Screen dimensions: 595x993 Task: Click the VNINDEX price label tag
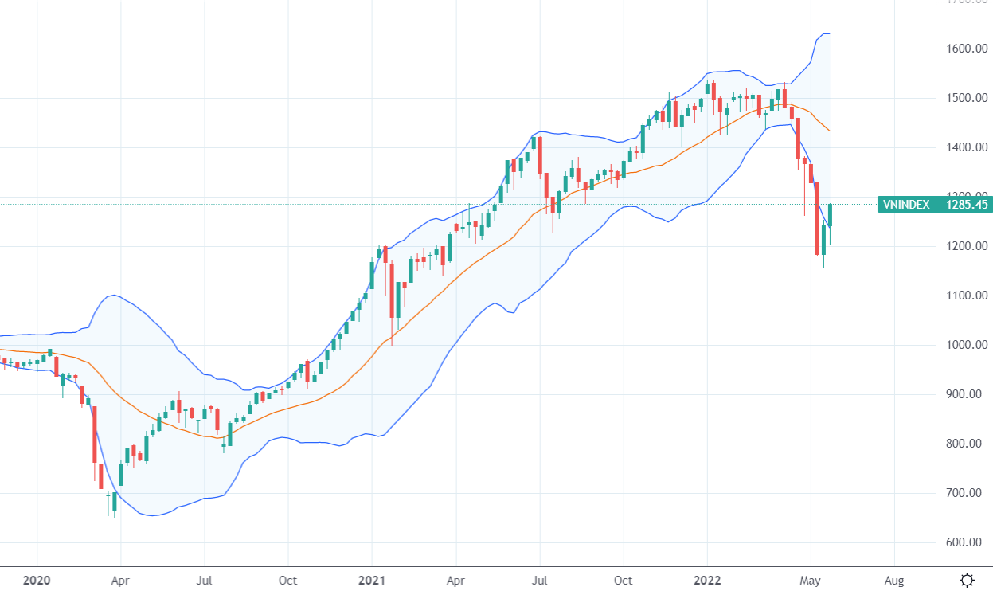tap(906, 205)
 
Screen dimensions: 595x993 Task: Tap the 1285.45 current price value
tap(967, 205)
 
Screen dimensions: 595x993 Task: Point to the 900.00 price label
tap(968, 395)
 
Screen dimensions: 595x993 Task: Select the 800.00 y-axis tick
tap(968, 444)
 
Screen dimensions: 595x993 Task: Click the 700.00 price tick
tap(968, 494)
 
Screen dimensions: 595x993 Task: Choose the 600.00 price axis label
tap(968, 543)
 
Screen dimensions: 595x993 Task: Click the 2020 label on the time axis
tap(37, 580)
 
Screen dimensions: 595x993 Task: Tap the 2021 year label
tap(372, 580)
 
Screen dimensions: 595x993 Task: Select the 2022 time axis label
tap(707, 580)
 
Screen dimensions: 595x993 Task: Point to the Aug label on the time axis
tap(893, 580)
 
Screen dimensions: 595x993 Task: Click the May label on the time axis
tap(811, 580)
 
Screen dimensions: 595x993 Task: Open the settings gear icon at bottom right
tap(967, 580)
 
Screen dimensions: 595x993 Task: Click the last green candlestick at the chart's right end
tap(831, 215)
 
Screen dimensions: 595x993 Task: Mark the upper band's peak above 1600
tap(825, 33)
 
